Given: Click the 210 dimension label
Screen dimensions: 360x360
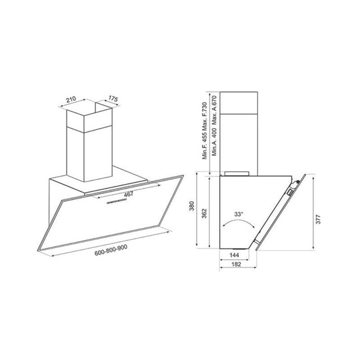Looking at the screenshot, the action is tap(71, 99).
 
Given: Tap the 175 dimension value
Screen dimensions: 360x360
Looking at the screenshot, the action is tap(113, 99).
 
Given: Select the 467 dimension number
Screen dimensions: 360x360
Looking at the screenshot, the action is tap(129, 194).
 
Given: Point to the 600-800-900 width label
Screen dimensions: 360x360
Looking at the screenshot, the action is tap(111, 250).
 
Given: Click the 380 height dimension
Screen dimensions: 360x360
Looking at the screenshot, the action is tap(192, 206).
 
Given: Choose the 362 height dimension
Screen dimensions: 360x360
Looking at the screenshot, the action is tap(204, 213).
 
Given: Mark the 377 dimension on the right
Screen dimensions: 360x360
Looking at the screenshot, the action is tap(318, 219).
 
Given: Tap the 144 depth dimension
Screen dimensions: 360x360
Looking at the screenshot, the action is tap(234, 255).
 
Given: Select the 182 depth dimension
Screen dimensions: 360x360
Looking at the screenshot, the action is tap(236, 264).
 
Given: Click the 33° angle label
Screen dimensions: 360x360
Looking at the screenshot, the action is tap(239, 214).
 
